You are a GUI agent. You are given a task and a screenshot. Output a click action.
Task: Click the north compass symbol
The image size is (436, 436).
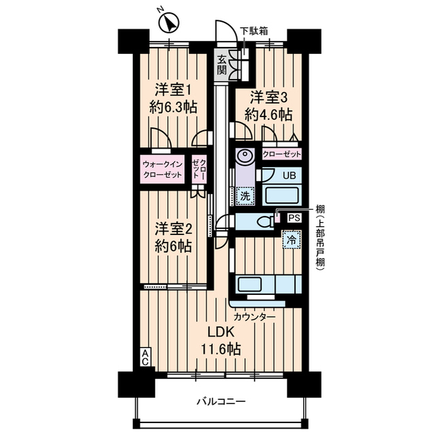tap(168, 23)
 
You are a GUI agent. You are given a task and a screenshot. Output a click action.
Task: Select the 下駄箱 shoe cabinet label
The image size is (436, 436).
tap(253, 30)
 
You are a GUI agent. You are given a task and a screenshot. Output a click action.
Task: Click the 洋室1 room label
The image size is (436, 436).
tap(172, 89)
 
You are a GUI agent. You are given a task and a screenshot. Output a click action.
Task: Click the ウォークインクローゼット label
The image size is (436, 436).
tap(163, 169)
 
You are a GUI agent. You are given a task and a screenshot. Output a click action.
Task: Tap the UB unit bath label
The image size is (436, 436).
tap(290, 175)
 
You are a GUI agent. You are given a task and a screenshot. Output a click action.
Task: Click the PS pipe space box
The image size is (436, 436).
tap(294, 218)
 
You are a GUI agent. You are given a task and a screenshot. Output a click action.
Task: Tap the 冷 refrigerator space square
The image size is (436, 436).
tap(292, 239)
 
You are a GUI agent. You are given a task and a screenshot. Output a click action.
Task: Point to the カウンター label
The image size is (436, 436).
tap(254, 317)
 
